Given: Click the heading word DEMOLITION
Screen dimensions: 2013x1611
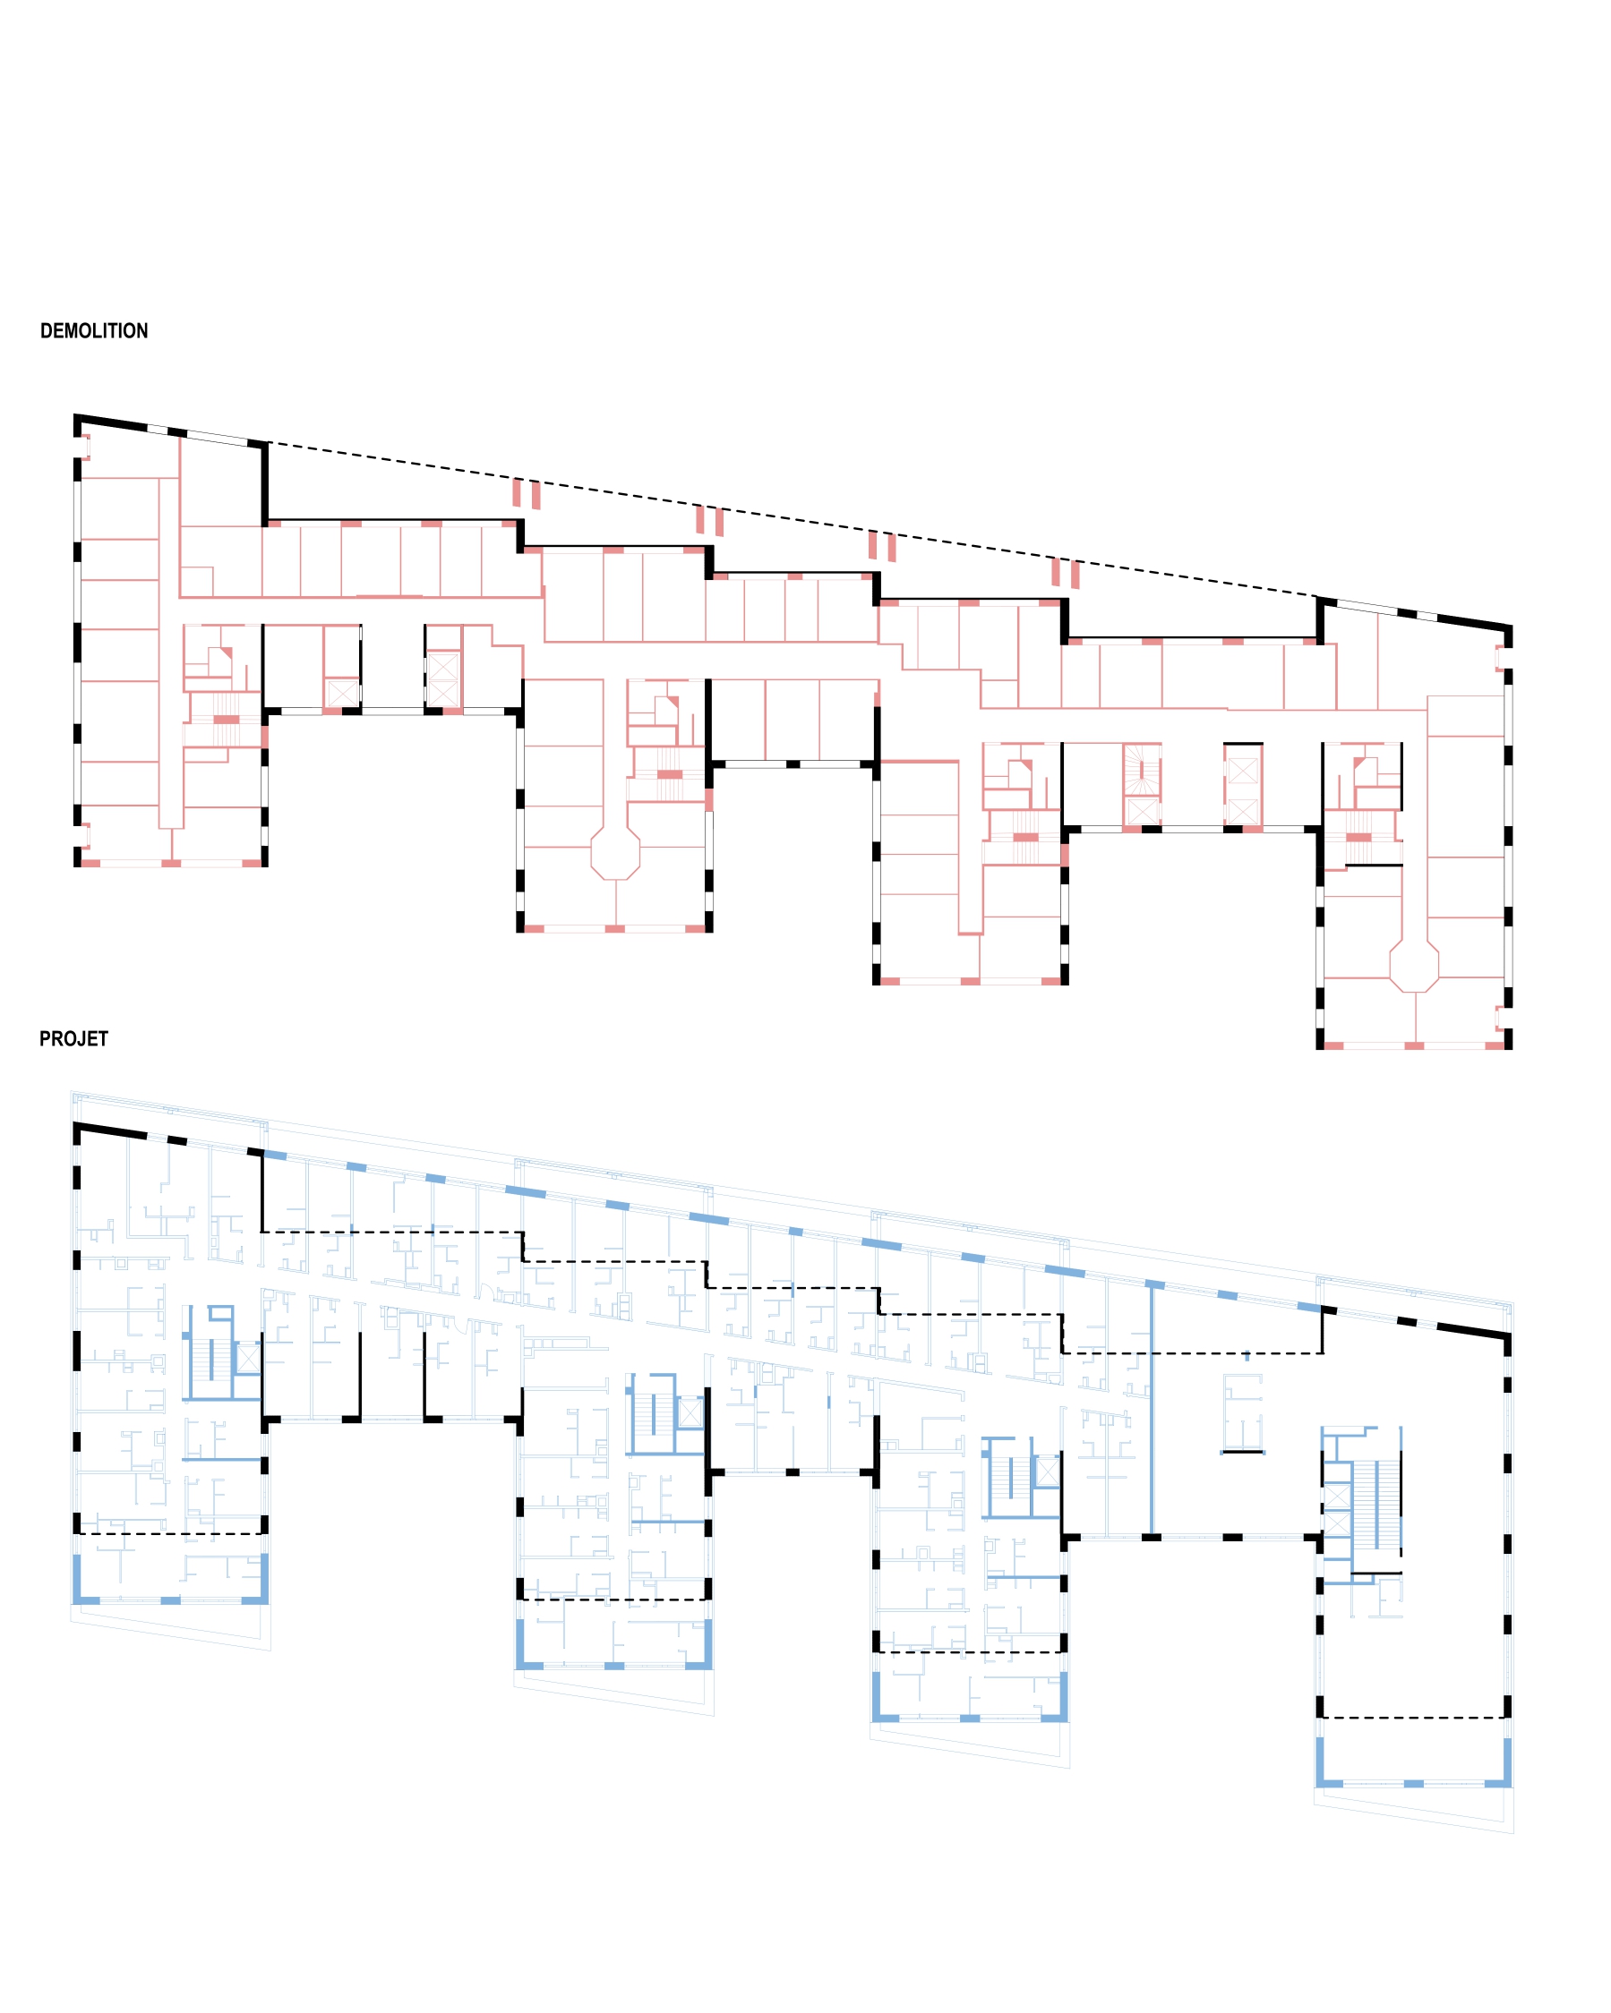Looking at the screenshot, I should (93, 330).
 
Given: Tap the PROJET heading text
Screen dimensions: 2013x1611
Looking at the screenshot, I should (73, 1038).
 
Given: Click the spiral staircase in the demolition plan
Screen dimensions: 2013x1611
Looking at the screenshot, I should (1141, 772).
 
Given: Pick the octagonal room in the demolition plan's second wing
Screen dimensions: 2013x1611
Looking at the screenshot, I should (614, 853).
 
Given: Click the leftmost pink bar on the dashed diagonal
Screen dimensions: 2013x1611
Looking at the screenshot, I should (517, 492).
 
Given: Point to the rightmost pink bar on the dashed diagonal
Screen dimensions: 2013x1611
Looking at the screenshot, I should (1075, 575).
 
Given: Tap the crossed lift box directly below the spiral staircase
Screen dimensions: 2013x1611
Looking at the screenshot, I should (1141, 811).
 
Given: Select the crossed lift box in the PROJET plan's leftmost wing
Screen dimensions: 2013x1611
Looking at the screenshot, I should (247, 1359).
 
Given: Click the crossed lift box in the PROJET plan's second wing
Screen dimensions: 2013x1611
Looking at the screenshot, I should (690, 1412).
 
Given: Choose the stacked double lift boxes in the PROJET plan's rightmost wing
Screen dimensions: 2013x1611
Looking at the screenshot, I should (1336, 1509).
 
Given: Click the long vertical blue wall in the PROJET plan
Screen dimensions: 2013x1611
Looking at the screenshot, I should (1152, 1410).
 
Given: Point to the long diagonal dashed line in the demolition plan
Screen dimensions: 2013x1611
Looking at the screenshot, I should (793, 520).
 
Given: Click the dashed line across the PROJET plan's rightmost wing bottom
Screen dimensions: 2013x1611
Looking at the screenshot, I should (1413, 1717).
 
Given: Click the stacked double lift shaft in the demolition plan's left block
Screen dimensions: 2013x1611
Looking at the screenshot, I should (442, 678).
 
